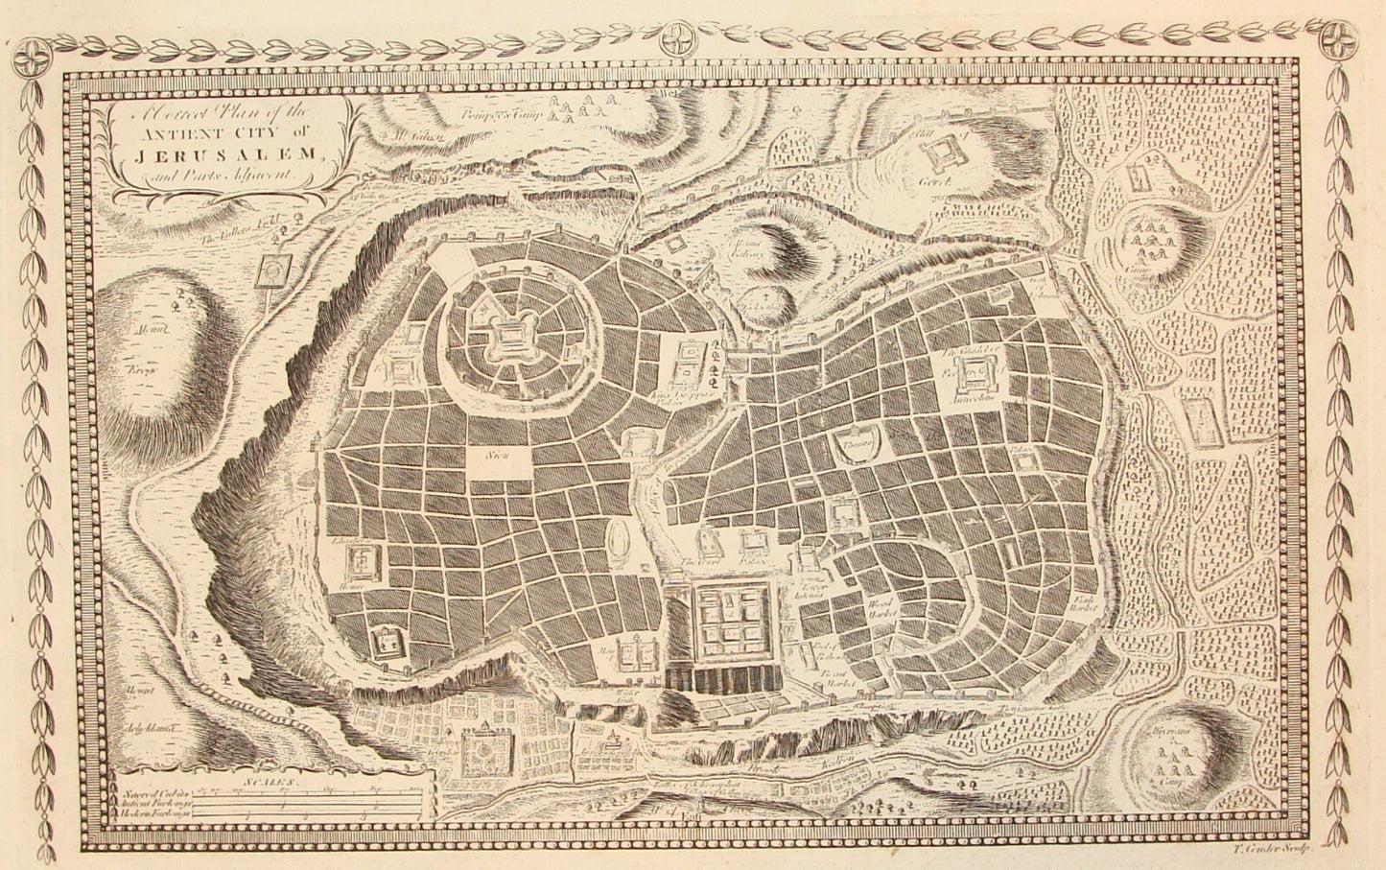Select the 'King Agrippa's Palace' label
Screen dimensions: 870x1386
(x=689, y=396)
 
